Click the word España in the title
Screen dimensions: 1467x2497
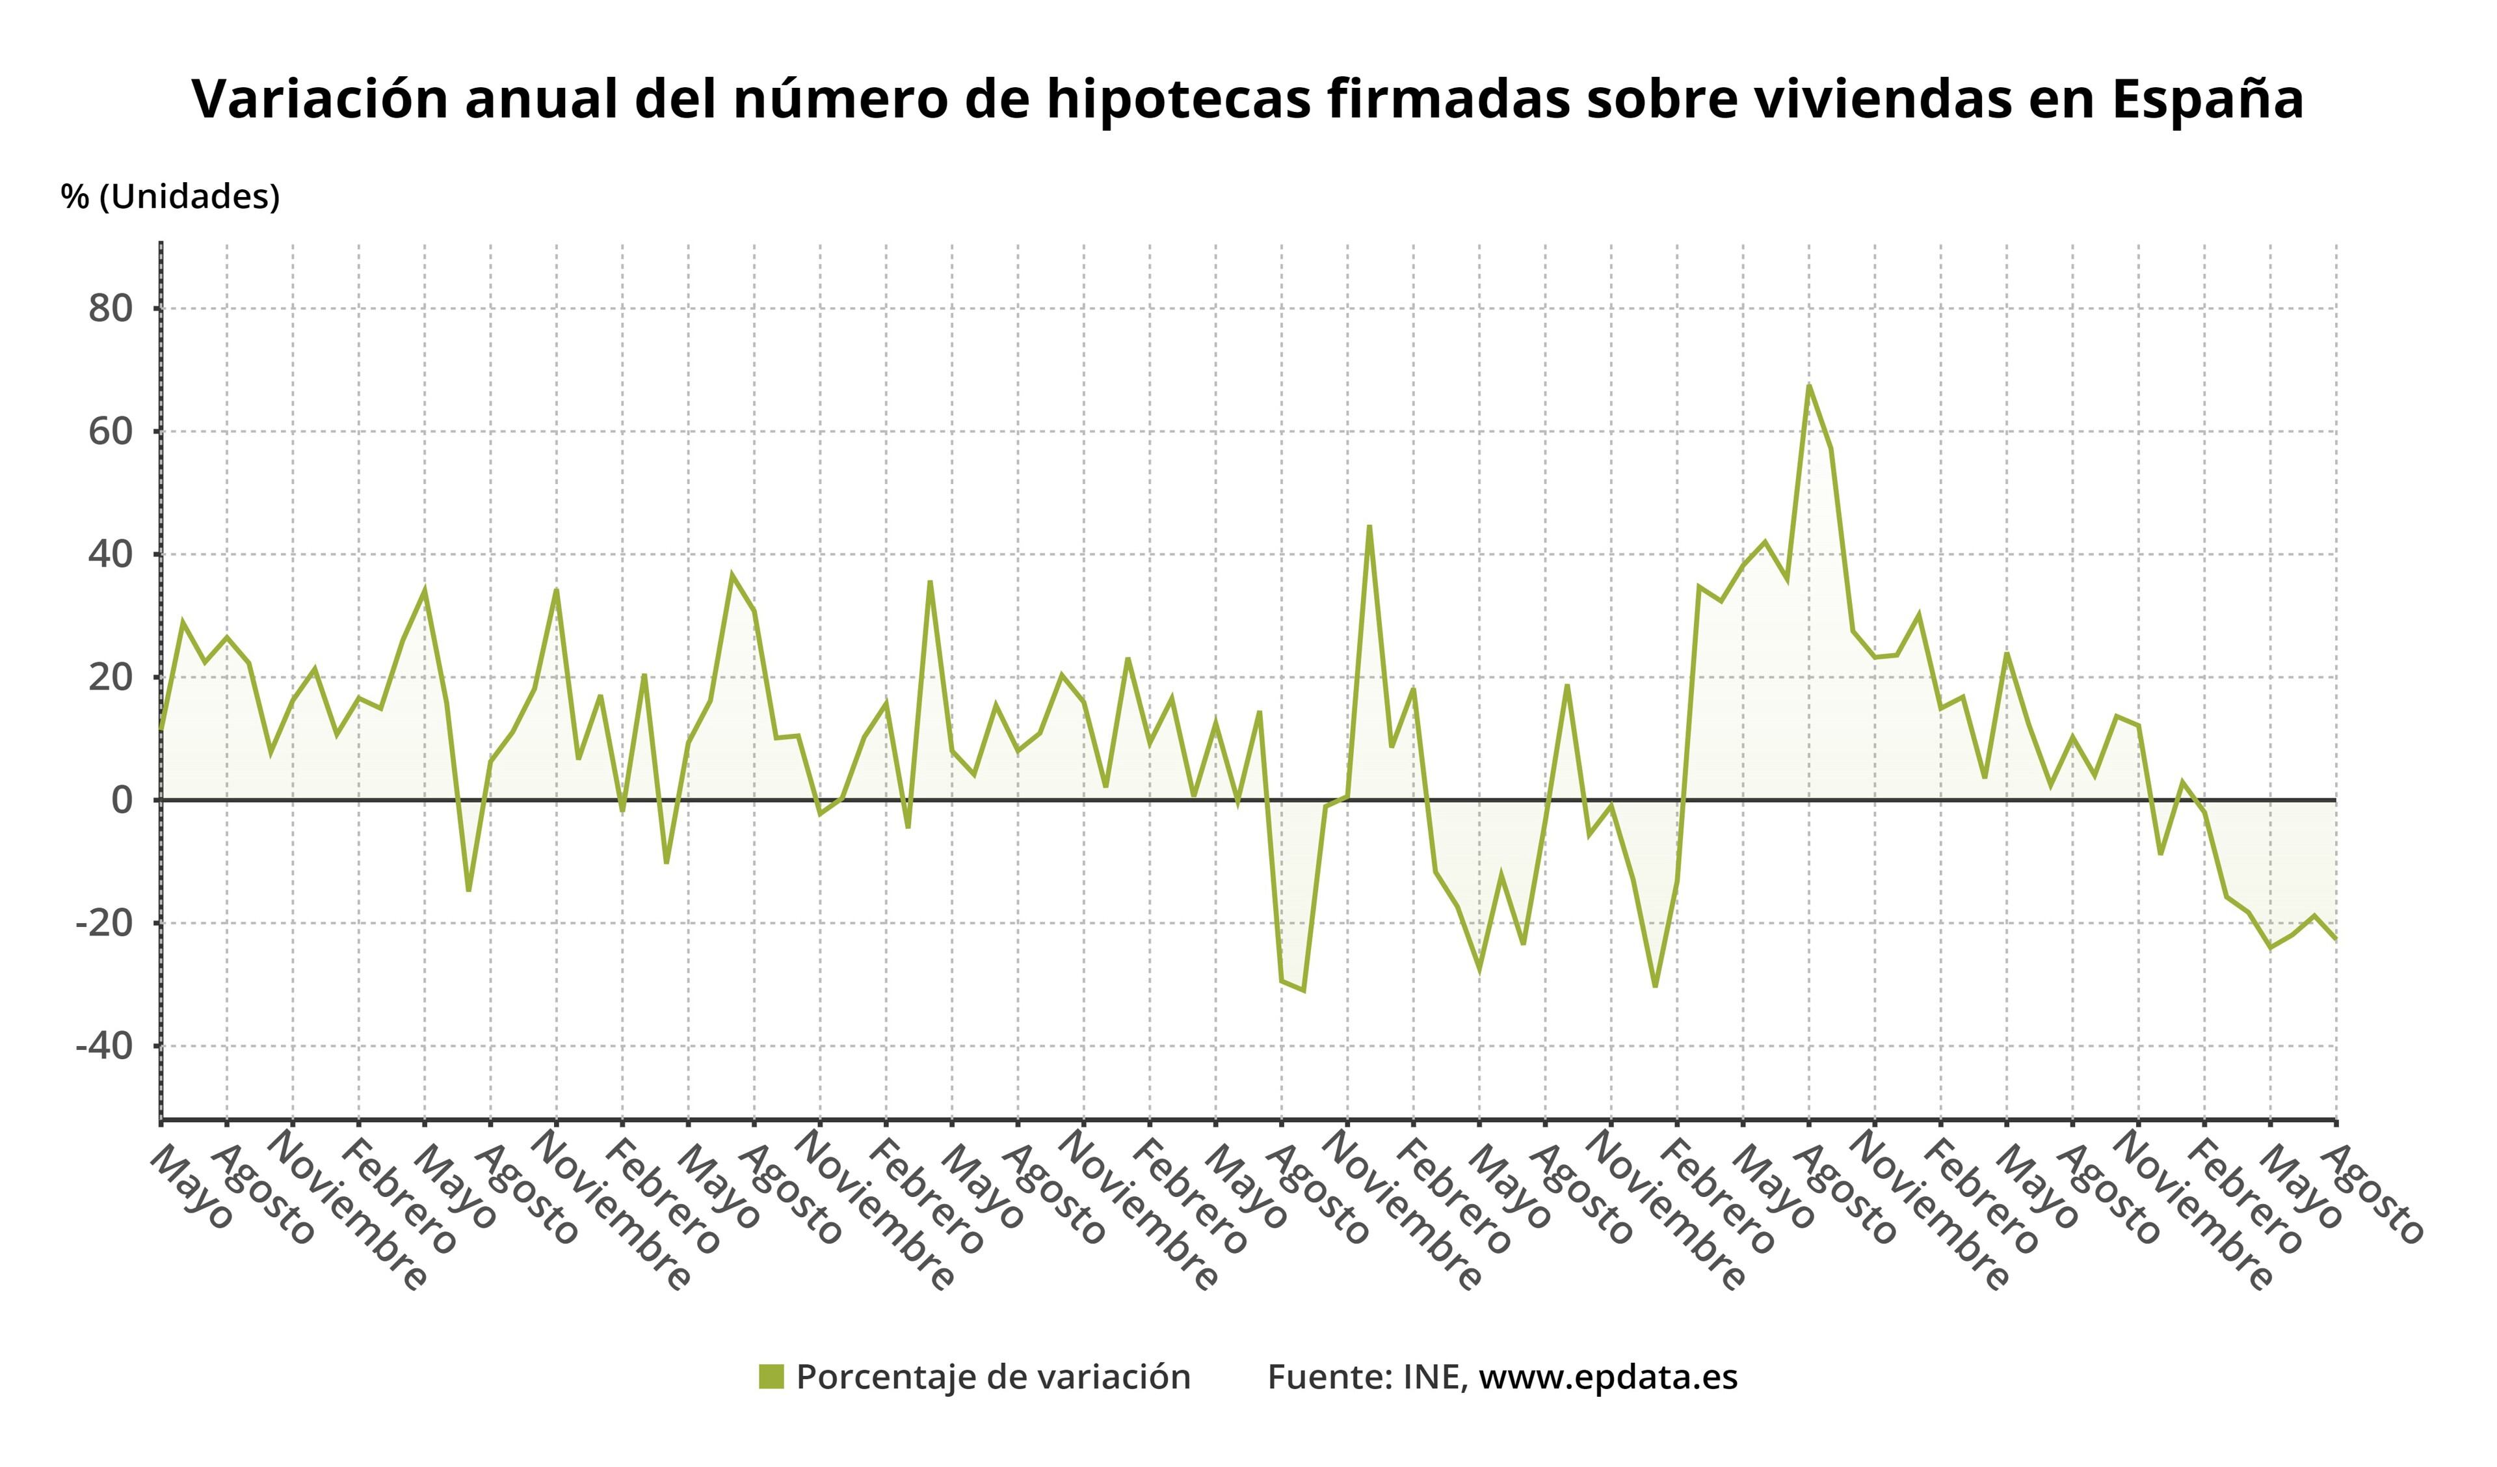(2207, 99)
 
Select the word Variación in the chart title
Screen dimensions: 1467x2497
(320, 99)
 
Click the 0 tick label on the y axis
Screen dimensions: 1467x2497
(121, 800)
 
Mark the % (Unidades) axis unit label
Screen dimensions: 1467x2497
(170, 196)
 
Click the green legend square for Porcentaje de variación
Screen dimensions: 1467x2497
(771, 1377)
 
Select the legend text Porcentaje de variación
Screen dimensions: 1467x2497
(993, 1377)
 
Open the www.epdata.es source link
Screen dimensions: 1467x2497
(1607, 1377)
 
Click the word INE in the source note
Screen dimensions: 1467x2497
(1434, 1377)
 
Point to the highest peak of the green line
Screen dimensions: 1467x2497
(1808, 386)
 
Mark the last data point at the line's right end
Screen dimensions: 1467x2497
(2336, 939)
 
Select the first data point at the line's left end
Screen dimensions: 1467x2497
(161, 729)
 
